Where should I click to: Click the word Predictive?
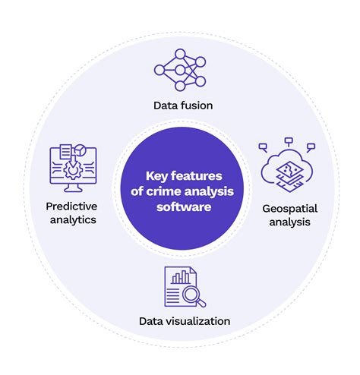(71, 206)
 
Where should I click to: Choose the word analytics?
(71, 219)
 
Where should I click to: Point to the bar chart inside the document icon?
(179, 277)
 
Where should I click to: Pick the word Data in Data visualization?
(151, 321)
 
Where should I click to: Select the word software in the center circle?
(180, 204)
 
